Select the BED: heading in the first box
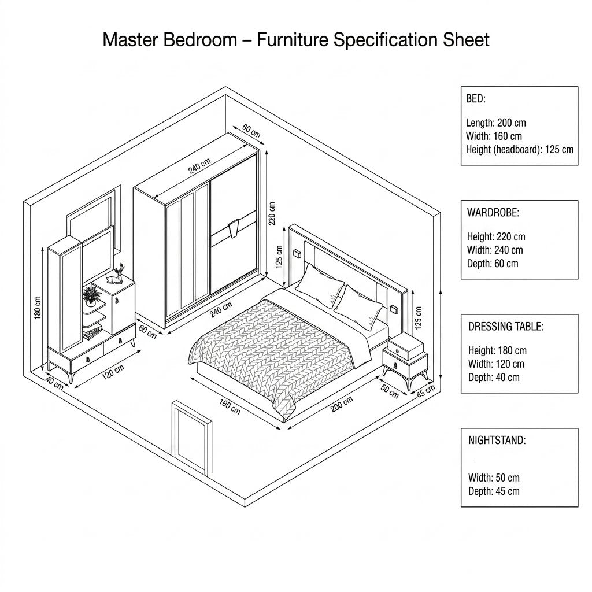(475, 99)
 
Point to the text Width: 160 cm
(494, 136)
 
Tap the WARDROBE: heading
(493, 213)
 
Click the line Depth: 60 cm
(493, 264)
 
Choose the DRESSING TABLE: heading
(506, 327)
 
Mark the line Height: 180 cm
(497, 351)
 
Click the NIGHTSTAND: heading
(497, 440)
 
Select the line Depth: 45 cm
(494, 491)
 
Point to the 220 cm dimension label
(272, 213)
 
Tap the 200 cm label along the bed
(342, 404)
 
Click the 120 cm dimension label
(113, 372)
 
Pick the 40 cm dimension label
(54, 382)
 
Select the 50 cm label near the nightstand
(389, 391)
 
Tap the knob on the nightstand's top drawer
(398, 351)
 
